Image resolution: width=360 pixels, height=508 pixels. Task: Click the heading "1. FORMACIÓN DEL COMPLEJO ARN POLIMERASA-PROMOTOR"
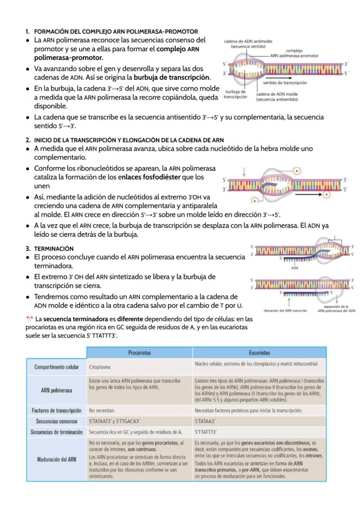click(111, 31)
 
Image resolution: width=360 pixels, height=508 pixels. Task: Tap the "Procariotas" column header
click(140, 353)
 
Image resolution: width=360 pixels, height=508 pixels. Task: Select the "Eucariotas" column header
click(259, 353)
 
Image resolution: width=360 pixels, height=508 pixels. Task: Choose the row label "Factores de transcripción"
click(56, 410)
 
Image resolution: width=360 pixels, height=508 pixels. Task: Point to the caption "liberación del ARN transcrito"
click(286, 310)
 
